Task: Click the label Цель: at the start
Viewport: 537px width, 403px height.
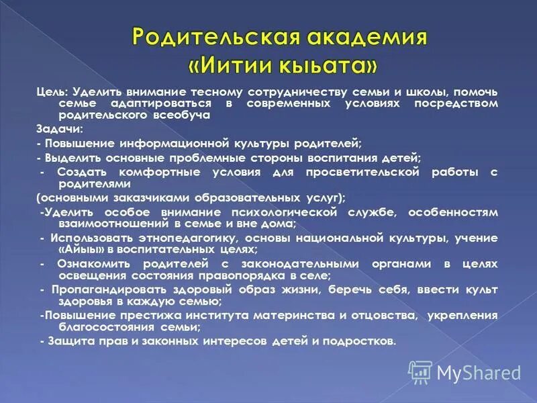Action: pos(52,91)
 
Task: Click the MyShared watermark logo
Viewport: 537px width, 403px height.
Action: pos(465,371)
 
